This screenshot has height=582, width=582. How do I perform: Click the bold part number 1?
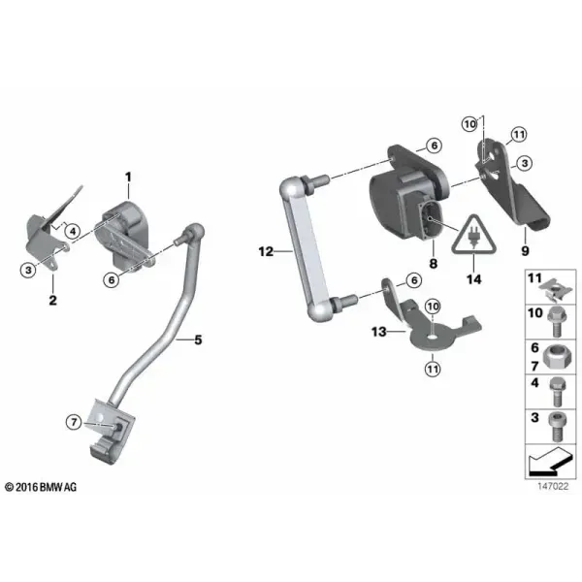point(128,178)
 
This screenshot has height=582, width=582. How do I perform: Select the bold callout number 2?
point(53,300)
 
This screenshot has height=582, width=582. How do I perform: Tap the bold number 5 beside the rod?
point(198,339)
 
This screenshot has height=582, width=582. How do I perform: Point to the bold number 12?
point(266,251)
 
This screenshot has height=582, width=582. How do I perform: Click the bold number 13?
point(379,332)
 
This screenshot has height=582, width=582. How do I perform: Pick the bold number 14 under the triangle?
point(474,279)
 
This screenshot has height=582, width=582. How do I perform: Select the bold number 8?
point(434,264)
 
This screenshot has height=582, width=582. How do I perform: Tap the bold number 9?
point(525,251)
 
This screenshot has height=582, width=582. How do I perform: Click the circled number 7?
point(74,422)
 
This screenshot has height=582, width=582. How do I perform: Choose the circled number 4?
point(73,231)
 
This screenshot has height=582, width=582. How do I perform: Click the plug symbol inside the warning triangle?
point(473,239)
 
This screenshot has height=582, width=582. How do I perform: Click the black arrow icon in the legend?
point(548,462)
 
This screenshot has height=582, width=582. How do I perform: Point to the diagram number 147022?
point(553,486)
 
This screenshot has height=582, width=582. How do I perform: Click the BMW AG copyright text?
point(41,487)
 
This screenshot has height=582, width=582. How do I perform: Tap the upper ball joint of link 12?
point(292,187)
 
